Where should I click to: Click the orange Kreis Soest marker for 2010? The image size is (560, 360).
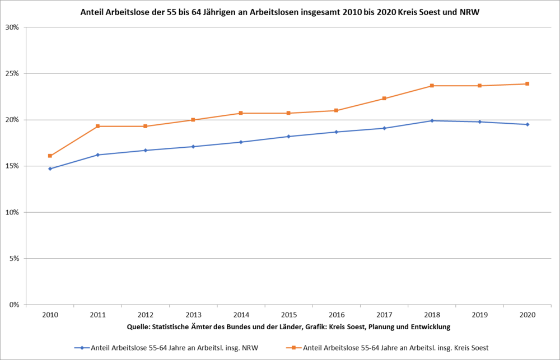click(50, 156)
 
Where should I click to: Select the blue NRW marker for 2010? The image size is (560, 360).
click(50, 169)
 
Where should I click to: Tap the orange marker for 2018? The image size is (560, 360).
click(432, 86)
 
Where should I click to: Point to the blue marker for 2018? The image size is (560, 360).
click(432, 120)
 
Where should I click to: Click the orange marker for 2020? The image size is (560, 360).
click(527, 84)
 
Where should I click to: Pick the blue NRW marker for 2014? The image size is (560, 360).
click(241, 142)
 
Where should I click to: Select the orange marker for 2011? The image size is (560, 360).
click(98, 126)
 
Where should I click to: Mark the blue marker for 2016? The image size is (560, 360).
click(336, 132)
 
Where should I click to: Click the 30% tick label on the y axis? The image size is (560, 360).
click(13, 27)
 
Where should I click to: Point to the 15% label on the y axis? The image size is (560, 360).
click(13, 166)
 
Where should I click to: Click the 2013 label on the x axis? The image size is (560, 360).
click(193, 315)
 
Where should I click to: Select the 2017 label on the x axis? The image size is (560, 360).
click(384, 315)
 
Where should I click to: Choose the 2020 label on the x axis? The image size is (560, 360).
click(527, 315)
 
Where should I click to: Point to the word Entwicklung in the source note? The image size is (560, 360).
click(430, 326)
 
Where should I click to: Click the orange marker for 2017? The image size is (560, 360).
click(384, 99)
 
